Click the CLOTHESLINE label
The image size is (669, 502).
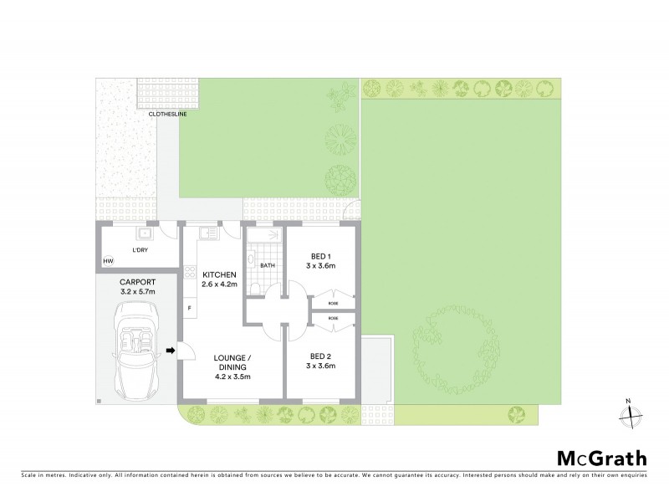coord(167,114)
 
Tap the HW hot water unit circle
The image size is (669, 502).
coord(109,262)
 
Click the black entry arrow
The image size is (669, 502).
coord(171,351)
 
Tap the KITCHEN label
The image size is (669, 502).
coord(218,274)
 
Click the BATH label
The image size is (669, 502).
coord(267,265)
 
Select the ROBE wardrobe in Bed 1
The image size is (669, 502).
coord(333,302)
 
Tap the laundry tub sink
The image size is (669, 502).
coord(144,234)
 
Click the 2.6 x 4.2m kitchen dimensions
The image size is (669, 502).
coord(218,285)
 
